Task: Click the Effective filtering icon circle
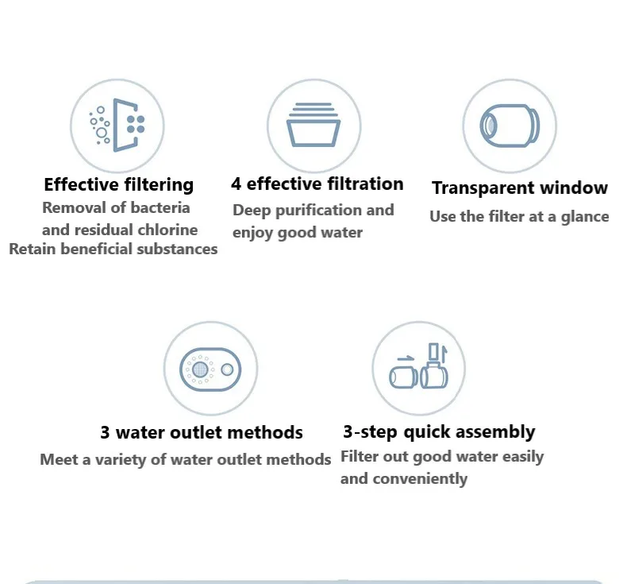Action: [117, 126]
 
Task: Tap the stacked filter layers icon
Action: [313, 126]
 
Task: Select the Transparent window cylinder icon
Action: [510, 126]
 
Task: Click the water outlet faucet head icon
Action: [210, 369]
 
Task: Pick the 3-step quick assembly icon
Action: [419, 369]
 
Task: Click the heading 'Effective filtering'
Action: [118, 184]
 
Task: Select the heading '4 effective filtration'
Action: [317, 184]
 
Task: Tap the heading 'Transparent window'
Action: [520, 188]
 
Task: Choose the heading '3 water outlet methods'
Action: [202, 433]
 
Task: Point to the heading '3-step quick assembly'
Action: [439, 432]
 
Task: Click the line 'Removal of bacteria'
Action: [116, 208]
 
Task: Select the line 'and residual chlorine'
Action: [119, 230]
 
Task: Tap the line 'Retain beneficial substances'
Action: [113, 249]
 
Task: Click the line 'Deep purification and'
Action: [313, 211]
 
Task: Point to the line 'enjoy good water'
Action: [298, 233]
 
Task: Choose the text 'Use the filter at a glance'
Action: [519, 216]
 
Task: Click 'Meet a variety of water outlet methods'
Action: [186, 460]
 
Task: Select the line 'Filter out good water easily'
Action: [442, 457]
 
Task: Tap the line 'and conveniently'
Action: [404, 478]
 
